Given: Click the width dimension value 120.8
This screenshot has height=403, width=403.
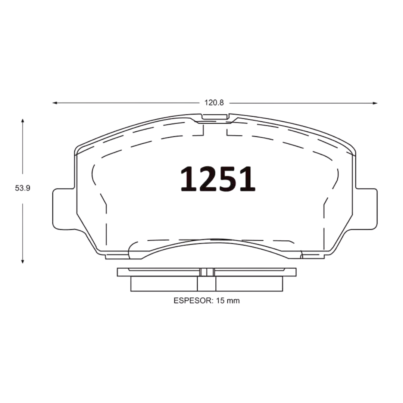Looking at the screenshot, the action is [x=214, y=103].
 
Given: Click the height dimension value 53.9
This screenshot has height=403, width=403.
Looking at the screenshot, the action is [x=23, y=188].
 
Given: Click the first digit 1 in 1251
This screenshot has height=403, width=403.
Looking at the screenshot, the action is [x=190, y=179].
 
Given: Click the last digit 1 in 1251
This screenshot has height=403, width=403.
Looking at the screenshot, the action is [x=246, y=179].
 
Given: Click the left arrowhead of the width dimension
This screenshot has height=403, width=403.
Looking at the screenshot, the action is [x=54, y=103].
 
